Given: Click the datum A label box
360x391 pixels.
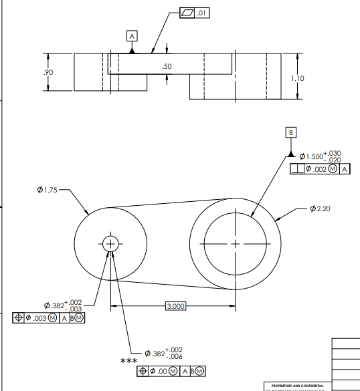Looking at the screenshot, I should click(132, 35).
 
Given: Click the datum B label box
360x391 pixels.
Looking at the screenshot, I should click(291, 132).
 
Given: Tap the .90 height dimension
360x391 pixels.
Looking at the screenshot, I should click(49, 72).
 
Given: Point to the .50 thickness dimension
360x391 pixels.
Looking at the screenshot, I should click(167, 66).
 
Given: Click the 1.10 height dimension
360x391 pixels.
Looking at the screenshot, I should click(298, 78).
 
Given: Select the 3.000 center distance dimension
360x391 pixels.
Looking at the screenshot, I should click(175, 306).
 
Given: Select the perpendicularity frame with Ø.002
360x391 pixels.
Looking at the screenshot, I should click(320, 170).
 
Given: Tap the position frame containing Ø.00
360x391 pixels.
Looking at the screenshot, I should click(171, 371).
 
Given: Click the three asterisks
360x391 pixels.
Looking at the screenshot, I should click(128, 362).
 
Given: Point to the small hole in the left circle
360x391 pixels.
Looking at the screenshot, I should click(110, 245).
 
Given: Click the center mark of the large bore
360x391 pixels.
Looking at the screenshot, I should click(235, 245).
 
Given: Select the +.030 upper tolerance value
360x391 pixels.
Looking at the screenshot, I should click(333, 153).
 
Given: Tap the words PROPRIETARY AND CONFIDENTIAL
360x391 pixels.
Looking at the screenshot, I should click(297, 386).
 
